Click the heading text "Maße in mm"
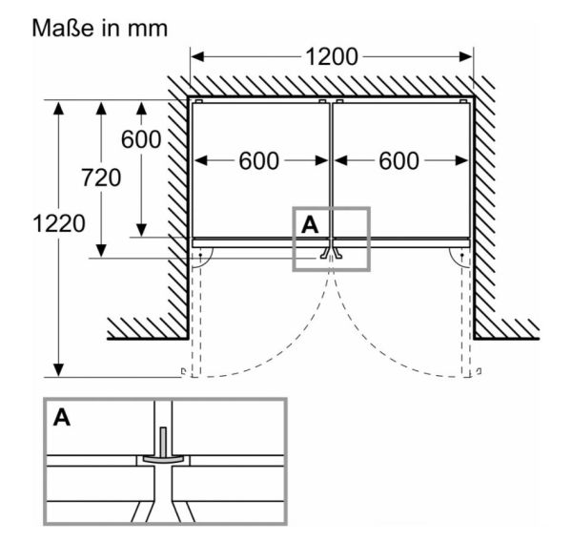tap(99, 28)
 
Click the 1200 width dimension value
tap(331, 57)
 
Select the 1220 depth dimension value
tap(59, 223)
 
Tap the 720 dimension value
tap(101, 177)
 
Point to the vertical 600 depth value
tap(141, 139)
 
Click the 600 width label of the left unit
tap(259, 160)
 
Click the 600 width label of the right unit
tap(398, 160)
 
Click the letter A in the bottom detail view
tap(62, 417)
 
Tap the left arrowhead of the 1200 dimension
tap(197, 57)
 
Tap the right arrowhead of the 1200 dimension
tap(466, 57)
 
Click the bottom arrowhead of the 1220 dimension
tap(59, 370)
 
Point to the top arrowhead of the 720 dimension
tap(101, 109)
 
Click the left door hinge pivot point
tap(200, 255)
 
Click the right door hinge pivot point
tap(462, 255)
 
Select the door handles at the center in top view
tap(331, 252)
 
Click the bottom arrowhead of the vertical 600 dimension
tap(141, 231)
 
